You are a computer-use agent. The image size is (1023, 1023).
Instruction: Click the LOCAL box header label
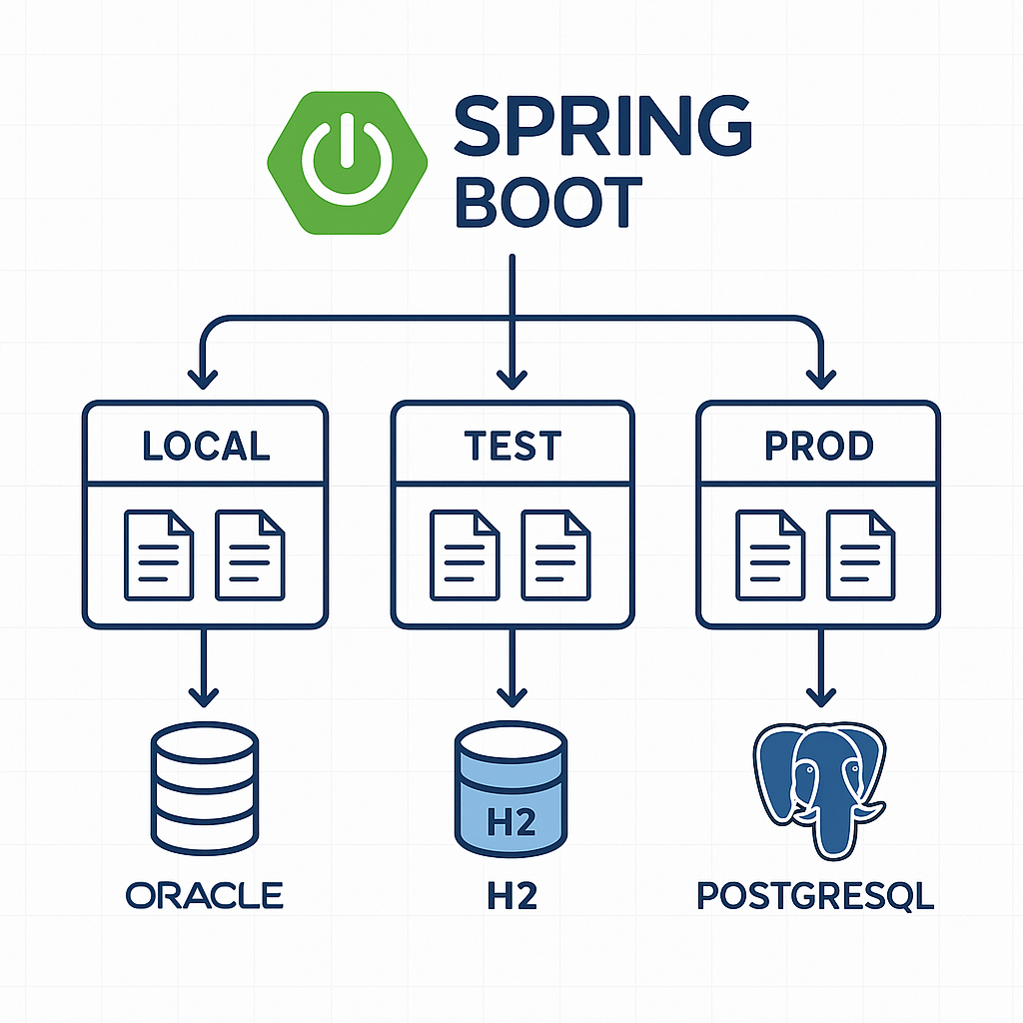point(206,447)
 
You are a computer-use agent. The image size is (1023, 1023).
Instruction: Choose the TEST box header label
point(512,447)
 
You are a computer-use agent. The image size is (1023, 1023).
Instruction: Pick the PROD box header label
point(818,447)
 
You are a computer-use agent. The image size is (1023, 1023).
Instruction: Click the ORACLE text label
point(205,894)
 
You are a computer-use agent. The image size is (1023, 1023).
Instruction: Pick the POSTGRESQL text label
point(815,895)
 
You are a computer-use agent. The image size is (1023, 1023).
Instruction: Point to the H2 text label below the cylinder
point(511,894)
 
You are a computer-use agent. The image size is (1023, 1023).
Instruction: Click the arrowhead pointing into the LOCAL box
point(205,378)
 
